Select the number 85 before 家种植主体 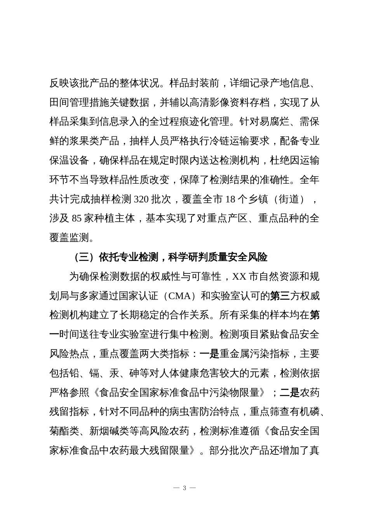pyautogui.click(x=77, y=219)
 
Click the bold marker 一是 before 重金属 pyautogui.click(x=209, y=354)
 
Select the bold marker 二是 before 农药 pyautogui.click(x=290, y=393)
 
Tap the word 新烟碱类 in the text pyautogui.click(x=110, y=431)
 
